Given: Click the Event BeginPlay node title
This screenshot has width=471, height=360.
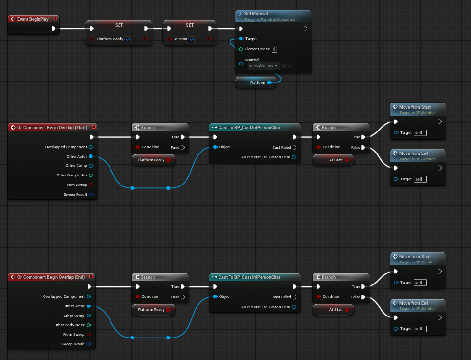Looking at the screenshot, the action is (33, 19).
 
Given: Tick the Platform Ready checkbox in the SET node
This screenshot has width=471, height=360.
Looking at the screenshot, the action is (128, 39).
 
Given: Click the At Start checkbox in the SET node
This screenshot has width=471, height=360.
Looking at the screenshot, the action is (192, 39).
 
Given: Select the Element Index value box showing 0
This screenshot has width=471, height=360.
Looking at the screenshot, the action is (274, 49).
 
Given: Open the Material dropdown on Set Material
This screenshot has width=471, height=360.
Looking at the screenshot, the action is (263, 66).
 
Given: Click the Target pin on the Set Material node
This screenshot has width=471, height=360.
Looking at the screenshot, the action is (241, 38).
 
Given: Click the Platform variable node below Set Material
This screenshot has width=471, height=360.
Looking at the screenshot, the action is (256, 82).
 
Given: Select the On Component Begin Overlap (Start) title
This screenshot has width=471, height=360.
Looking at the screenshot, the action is (52, 128).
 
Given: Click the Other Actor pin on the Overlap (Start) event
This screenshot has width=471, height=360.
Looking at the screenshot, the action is (91, 156).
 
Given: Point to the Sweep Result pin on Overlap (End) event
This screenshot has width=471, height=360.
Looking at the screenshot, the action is (88, 344).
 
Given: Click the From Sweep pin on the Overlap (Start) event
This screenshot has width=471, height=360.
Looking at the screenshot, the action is (91, 185).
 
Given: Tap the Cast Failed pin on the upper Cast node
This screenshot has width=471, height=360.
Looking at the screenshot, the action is (295, 147).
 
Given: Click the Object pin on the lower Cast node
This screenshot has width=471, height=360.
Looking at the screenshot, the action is (215, 296).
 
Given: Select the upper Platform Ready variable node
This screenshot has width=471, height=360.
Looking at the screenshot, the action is (153, 160).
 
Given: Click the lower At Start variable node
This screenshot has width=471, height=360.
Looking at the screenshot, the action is (333, 309).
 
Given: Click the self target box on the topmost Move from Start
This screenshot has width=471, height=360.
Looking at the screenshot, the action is (420, 133).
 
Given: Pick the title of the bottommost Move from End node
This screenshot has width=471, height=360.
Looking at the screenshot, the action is (414, 303).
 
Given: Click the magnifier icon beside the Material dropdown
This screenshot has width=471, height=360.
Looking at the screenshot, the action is (290, 66).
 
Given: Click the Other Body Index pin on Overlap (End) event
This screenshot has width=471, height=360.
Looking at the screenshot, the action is (88, 325).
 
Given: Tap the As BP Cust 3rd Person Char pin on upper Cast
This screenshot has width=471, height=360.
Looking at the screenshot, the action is (294, 157).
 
